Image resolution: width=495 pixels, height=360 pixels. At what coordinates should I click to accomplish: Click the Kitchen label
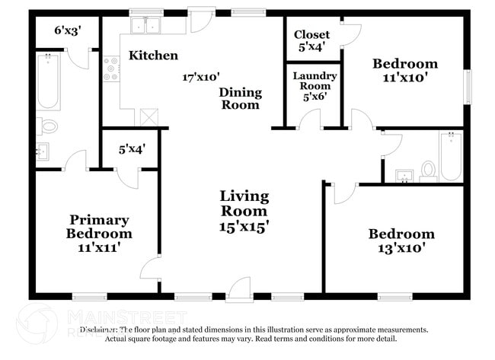point(153,56)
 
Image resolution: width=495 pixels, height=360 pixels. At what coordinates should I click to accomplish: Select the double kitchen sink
point(146,26)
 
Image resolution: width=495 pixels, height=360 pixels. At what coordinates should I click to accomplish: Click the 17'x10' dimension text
point(200,77)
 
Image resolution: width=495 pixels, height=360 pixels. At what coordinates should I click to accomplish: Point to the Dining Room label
point(241,99)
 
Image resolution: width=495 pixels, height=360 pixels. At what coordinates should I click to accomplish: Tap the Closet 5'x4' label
point(311,40)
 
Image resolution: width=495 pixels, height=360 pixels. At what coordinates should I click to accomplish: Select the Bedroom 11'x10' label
point(404,70)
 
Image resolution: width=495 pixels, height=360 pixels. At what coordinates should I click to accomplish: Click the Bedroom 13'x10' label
point(401,241)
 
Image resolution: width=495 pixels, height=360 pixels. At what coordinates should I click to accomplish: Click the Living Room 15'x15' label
point(244,211)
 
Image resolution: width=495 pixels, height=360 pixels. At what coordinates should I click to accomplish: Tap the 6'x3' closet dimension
point(67,31)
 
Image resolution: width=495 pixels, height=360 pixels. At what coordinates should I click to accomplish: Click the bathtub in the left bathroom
point(48,81)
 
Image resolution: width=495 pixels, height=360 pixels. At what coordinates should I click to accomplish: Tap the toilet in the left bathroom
point(49,126)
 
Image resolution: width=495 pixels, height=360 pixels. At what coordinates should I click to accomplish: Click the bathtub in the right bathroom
point(450,156)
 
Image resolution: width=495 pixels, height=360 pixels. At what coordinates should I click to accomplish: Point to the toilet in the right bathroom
point(427,170)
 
